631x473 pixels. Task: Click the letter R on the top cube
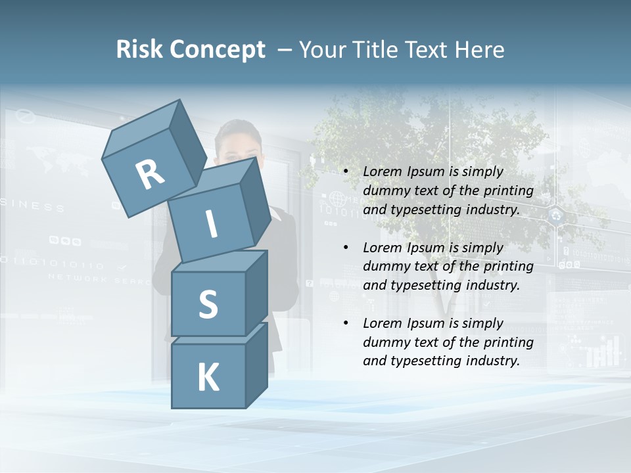point(150,175)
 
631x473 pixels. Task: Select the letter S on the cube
point(208,304)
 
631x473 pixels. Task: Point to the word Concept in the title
point(217,50)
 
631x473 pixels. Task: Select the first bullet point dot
point(346,172)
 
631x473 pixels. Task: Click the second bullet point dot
point(346,248)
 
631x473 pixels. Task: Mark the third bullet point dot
point(346,324)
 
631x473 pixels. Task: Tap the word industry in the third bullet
point(493,361)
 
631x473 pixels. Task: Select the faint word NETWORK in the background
point(67,278)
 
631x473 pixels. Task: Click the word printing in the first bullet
point(508,191)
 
